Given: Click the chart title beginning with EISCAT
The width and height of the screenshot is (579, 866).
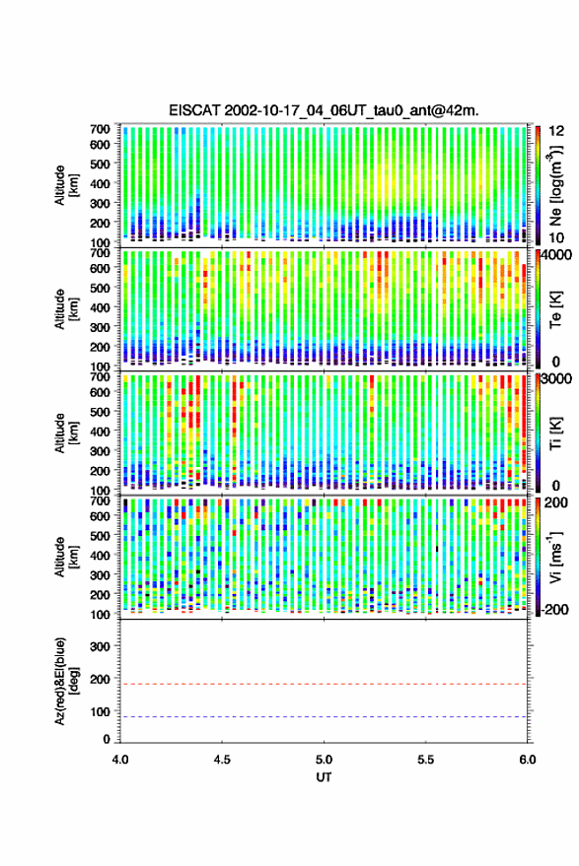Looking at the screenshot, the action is [x=325, y=110].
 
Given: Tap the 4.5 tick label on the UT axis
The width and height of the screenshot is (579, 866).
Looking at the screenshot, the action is [x=222, y=760].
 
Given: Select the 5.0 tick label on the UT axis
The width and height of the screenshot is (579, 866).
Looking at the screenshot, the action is [x=325, y=760].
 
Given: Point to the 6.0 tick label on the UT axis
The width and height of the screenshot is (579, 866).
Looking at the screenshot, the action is [x=528, y=760].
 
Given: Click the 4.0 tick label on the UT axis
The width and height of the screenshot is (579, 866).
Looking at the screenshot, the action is [x=120, y=760].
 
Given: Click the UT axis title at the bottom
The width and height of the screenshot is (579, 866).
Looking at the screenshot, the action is [x=324, y=777].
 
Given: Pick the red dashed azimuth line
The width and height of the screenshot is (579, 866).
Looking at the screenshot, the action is [x=324, y=684].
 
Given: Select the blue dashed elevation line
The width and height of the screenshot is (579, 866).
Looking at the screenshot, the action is [x=324, y=717].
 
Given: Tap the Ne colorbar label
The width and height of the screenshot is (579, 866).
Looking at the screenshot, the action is [x=555, y=185].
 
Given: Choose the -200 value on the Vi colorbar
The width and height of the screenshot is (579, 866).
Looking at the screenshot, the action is [x=555, y=610].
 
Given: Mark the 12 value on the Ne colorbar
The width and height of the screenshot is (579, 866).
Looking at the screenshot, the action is [x=556, y=131].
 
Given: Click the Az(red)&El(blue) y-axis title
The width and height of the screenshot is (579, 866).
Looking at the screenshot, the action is [x=67, y=682].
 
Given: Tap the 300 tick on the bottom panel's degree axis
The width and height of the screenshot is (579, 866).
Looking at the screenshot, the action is [x=100, y=646].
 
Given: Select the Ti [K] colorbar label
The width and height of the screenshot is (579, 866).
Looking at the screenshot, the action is [x=555, y=433].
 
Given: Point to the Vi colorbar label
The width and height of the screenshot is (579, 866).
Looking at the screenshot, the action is [x=555, y=557].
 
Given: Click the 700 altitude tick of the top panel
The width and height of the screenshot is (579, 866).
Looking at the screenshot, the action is [x=100, y=129].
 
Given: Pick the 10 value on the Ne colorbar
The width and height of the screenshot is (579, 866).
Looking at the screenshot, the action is [x=556, y=238].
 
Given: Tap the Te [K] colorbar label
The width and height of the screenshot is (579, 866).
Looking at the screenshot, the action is [x=555, y=309].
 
